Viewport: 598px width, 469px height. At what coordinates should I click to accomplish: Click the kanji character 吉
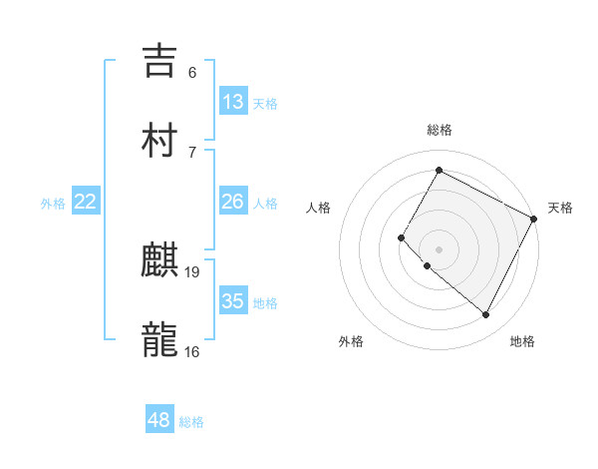pos(159,60)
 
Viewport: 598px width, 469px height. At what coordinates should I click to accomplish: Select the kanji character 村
pos(159,140)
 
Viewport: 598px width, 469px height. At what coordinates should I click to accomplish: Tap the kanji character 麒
pos(159,261)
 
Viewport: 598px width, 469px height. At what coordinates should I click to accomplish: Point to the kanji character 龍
pos(159,339)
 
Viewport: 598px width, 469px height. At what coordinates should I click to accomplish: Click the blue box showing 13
pos(233,101)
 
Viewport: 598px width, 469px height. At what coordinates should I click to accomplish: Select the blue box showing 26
pos(233,202)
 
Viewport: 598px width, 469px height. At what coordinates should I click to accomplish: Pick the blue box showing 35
pos(233,301)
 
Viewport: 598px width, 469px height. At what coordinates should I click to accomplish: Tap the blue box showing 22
pos(86,202)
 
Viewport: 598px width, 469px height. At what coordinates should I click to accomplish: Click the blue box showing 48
pos(159,420)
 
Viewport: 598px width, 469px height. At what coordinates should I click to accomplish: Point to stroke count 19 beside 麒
pos(192,271)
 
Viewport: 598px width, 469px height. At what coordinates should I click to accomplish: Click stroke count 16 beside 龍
pos(192,351)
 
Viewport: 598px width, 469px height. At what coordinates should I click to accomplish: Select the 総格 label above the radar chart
pos(439,130)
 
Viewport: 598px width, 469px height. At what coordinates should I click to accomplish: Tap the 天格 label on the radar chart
pos(560,208)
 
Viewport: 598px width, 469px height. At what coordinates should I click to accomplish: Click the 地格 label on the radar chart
pos(522,341)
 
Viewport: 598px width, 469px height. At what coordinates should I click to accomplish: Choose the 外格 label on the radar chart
pos(351,341)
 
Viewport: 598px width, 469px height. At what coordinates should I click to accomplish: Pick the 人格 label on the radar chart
pos(319,208)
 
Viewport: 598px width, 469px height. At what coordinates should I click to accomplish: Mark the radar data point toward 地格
pos(486,314)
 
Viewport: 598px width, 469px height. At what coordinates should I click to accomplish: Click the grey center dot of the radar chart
pos(439,248)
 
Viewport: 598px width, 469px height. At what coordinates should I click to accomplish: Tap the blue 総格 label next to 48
pos(191,422)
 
